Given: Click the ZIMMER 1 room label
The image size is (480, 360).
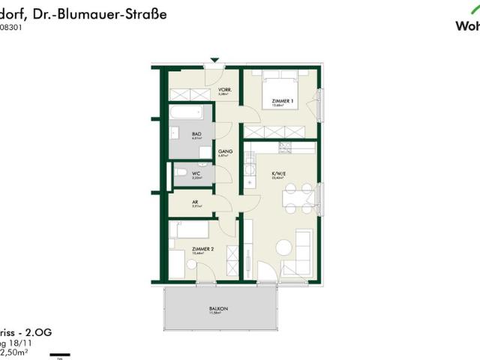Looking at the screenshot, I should pos(282,100).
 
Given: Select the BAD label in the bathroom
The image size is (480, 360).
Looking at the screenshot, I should pos(197,133).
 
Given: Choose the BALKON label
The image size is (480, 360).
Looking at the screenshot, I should pos(219,309).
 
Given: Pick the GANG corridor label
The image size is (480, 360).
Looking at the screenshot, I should pos(225,151).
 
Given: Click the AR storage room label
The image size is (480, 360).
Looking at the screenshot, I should pos(195,202).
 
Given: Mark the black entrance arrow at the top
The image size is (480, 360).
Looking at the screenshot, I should pos(215,60).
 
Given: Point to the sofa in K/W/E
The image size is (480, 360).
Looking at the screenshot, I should pos(304,251).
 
